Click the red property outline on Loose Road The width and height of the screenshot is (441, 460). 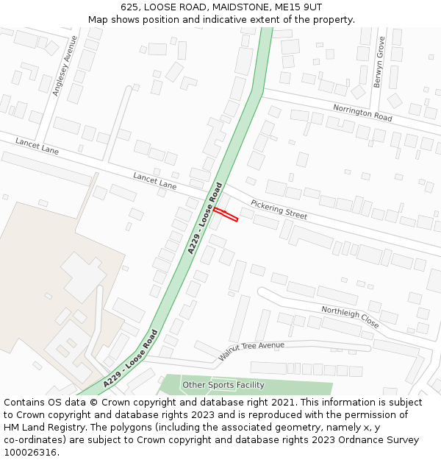coord(226,214)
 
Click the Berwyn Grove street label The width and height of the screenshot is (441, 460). coord(379,63)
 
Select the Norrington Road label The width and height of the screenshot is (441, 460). coord(362,112)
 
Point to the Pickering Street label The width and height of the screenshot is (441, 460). coord(279,210)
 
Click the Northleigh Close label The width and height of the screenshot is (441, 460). coord(350,316)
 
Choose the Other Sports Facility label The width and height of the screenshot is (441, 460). coord(223,385)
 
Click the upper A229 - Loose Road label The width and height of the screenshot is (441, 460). coord(205,218)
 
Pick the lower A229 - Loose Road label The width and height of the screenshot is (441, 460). coord(131,358)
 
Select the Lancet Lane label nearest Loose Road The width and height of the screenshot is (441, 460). coord(155,181)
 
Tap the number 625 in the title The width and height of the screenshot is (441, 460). coord(131,7)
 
